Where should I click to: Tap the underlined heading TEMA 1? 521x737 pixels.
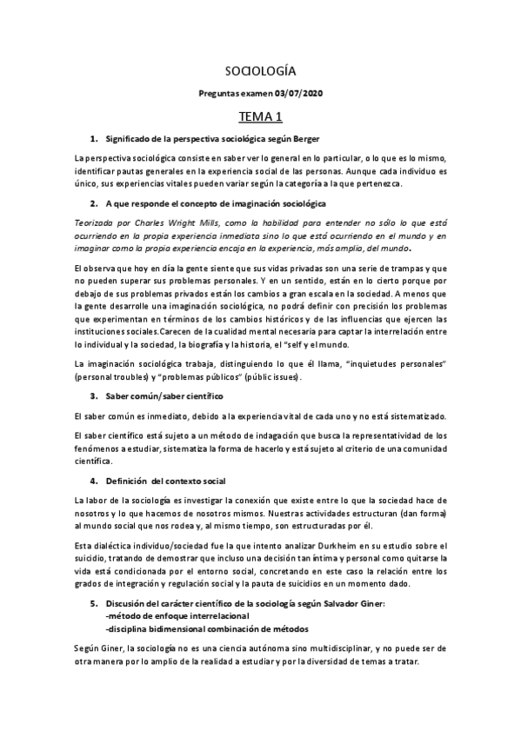[260, 116]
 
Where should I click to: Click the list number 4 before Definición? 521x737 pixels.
[93, 480]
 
